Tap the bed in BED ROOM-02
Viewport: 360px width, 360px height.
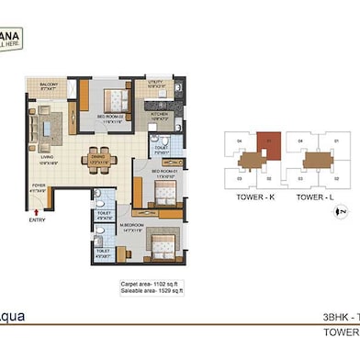(117, 96)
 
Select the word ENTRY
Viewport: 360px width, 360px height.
(37, 220)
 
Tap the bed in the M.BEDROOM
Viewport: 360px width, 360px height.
(161, 246)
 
